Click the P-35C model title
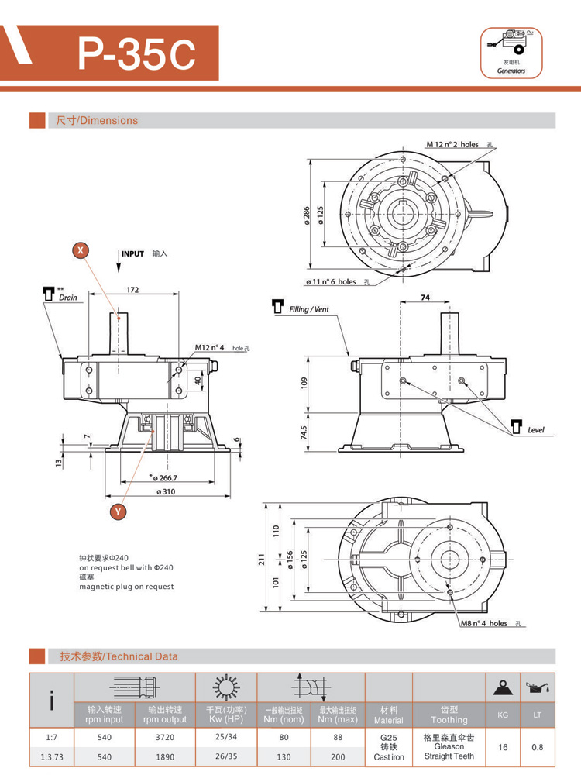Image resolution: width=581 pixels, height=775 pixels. click(136, 53)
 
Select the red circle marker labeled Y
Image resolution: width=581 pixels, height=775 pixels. click(118, 511)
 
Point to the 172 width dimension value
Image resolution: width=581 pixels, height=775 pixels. click(132, 290)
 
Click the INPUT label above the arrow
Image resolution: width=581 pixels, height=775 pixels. click(132, 253)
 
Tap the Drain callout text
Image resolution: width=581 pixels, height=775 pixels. click(68, 297)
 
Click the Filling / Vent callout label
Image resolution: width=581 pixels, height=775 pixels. click(309, 309)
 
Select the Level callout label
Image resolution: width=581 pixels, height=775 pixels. click(535, 429)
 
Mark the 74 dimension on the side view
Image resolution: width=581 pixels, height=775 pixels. click(425, 298)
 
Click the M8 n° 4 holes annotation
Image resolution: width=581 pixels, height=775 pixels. click(486, 623)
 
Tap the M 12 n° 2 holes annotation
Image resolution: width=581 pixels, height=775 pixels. click(452, 144)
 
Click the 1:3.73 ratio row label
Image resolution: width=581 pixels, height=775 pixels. click(51, 756)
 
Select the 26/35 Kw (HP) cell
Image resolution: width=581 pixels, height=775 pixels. click(225, 756)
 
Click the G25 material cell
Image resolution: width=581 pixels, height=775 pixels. click(388, 737)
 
